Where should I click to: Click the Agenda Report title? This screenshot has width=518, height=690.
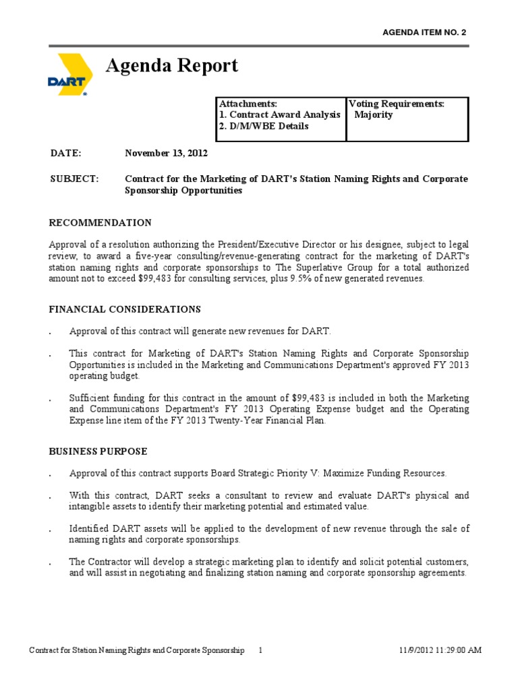pos(172,65)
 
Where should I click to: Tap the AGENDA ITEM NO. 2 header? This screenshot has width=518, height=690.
pos(424,32)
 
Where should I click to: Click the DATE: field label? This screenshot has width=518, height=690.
pos(65,153)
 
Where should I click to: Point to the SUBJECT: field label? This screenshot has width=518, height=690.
pos(74,179)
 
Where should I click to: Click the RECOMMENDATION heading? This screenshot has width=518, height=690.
pos(100,222)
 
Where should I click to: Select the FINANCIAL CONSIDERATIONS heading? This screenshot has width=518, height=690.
pos(125,309)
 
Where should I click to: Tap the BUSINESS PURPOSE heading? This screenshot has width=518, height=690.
pos(98,451)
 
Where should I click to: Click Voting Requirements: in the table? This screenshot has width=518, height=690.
pos(397,104)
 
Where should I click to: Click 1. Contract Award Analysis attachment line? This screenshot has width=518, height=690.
pos(279,115)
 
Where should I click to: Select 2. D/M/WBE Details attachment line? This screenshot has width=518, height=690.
pos(264,126)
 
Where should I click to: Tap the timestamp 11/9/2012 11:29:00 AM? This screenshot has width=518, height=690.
pos(440,650)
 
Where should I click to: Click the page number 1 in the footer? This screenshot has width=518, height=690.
pos(262,650)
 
